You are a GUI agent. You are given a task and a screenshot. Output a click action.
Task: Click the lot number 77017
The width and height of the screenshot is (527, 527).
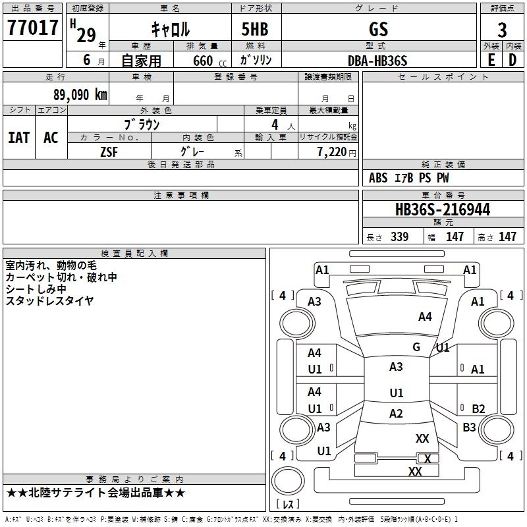pyautogui.click(x=33, y=28)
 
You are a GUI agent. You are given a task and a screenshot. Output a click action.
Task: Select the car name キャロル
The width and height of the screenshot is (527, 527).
pyautogui.click(x=170, y=29)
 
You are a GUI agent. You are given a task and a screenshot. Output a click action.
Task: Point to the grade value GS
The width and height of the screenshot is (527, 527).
pyautogui.click(x=379, y=29)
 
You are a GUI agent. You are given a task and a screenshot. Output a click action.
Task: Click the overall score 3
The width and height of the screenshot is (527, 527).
pyautogui.click(x=502, y=30)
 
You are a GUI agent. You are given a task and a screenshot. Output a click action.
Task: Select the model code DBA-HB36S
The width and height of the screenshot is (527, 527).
pyautogui.click(x=378, y=61)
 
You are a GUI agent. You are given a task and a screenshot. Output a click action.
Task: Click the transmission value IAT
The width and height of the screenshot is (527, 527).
pyautogui.click(x=18, y=138)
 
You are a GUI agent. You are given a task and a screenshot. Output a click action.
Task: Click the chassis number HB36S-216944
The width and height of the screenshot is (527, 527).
pyautogui.click(x=442, y=209)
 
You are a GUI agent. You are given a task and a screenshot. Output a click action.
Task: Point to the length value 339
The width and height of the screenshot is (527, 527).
pyautogui.click(x=399, y=237)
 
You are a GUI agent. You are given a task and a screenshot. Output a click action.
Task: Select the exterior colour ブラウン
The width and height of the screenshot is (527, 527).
pyautogui.click(x=142, y=124)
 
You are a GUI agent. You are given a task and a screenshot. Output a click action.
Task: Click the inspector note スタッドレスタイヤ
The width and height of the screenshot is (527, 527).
pyautogui.click(x=49, y=300)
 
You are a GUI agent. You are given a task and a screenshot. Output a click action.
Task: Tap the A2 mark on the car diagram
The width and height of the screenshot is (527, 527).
pyautogui.click(x=396, y=414)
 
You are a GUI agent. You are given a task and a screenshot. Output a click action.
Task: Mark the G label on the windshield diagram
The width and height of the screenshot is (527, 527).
pyautogui.click(x=416, y=347)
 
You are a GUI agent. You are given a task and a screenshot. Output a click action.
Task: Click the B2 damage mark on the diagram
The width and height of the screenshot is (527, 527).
pyautogui.click(x=478, y=408)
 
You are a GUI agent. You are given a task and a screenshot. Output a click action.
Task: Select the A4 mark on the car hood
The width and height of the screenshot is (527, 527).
pyautogui.click(x=425, y=317)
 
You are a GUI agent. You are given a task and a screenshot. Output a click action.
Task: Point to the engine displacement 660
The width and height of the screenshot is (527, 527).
pyautogui.click(x=203, y=61)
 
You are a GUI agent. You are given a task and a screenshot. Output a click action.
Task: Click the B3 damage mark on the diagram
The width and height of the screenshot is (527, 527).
pyautogui.click(x=469, y=428)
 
